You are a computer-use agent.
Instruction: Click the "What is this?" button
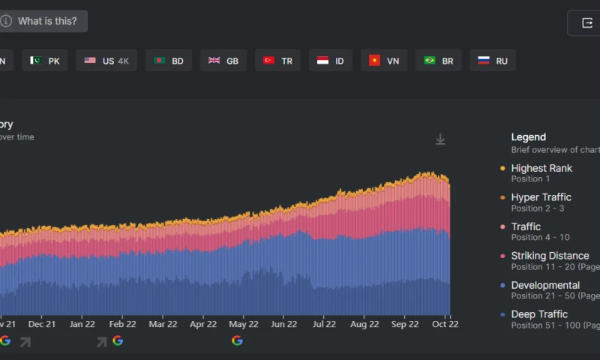(41, 21)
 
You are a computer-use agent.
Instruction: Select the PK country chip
(45, 61)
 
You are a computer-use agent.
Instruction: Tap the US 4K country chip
(106, 61)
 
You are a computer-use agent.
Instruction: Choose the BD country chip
(169, 61)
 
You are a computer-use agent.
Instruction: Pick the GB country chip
(223, 61)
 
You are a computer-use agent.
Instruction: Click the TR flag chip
(277, 61)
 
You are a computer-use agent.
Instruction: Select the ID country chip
(331, 61)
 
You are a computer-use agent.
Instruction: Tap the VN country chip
(384, 61)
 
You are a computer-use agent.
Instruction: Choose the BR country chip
(438, 61)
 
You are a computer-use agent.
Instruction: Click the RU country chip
(493, 61)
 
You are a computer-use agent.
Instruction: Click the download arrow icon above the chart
(440, 139)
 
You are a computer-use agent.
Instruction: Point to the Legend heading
(528, 137)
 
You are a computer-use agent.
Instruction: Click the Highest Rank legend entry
(541, 169)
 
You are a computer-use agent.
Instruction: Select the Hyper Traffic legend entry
(541, 198)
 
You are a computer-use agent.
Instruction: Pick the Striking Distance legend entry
(550, 256)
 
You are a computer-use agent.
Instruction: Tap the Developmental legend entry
(544, 286)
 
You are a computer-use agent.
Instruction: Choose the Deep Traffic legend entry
(538, 315)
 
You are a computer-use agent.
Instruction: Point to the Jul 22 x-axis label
(324, 325)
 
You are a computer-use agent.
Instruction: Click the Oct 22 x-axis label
(445, 325)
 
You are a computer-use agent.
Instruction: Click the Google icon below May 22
(237, 340)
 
